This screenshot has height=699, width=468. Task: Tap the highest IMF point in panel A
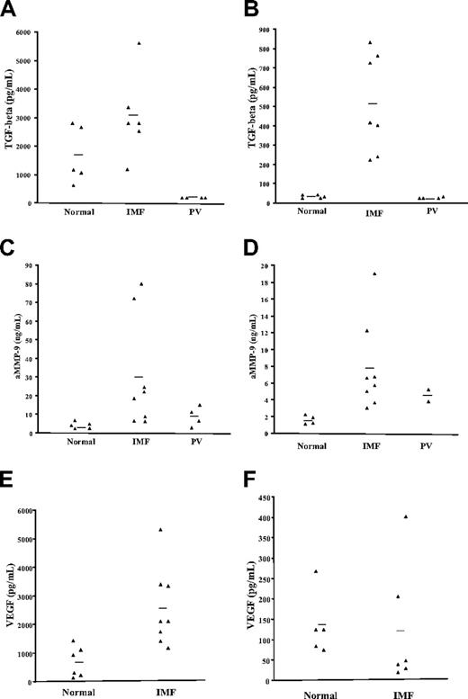coord(139,43)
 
